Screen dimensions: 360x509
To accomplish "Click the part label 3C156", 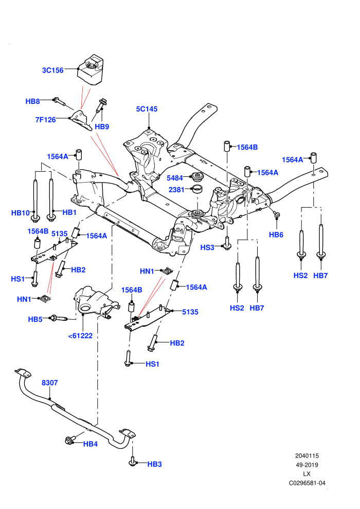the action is [x=52, y=70].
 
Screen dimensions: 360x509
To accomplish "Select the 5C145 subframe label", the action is [x=147, y=109].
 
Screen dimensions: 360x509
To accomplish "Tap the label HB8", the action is [x=32, y=101].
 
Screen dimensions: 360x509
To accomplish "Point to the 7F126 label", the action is [x=45, y=120].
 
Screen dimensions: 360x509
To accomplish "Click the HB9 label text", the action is [x=102, y=126].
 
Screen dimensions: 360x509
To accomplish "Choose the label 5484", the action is [x=175, y=178].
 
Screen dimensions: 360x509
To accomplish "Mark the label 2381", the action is [x=176, y=190].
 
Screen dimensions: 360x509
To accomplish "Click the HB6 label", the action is [x=276, y=234].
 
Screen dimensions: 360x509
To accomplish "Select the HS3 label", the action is [x=207, y=247].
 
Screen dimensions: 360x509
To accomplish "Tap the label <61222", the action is [x=81, y=336].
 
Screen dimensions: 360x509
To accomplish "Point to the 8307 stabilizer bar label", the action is [x=50, y=383].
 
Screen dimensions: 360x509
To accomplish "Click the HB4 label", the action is [x=90, y=444].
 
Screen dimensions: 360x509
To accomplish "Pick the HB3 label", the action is [x=154, y=464].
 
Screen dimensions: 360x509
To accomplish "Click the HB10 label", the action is [x=21, y=213].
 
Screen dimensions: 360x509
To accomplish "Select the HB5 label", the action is [x=35, y=319].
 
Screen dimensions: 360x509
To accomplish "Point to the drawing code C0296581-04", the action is [x=307, y=483].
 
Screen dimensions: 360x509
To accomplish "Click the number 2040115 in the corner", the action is [x=307, y=456].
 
